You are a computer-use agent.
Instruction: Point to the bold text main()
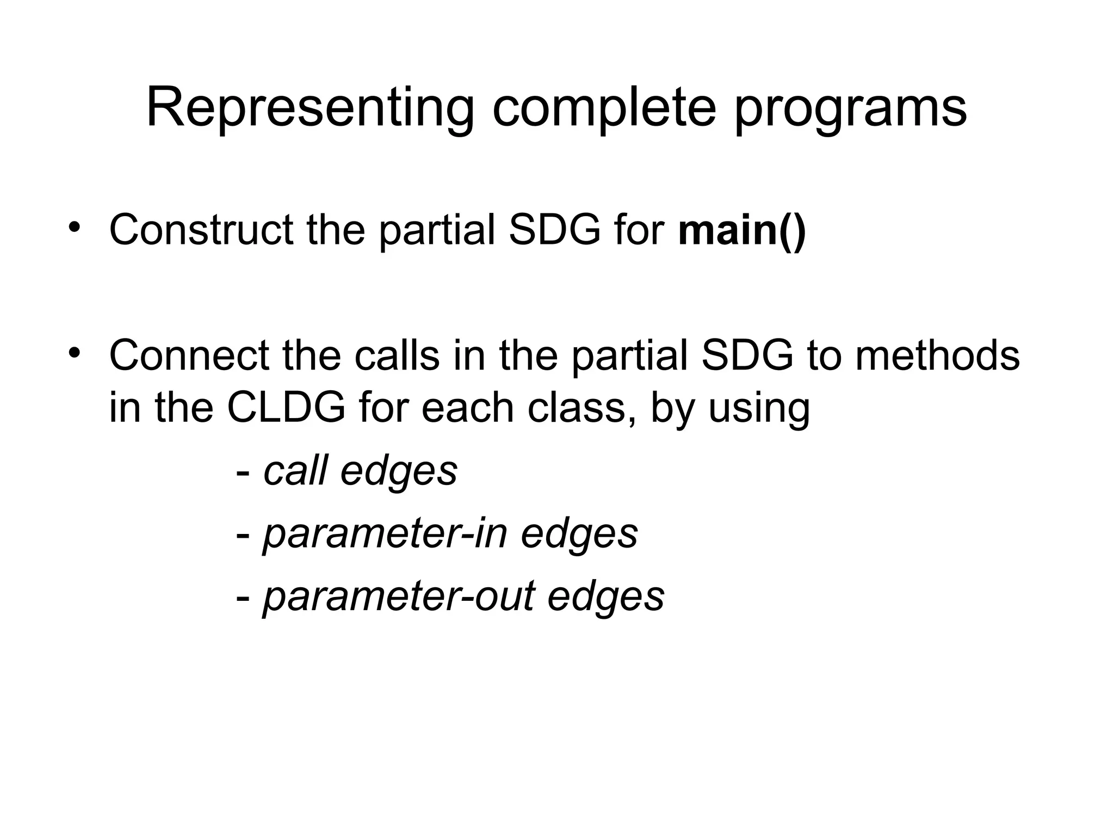click(742, 230)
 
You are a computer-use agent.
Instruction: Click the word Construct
click(201, 230)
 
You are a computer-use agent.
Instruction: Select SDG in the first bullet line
click(554, 230)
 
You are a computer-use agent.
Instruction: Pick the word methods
click(937, 355)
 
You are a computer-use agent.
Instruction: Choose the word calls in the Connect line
click(397, 355)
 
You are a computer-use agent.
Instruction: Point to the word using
click(759, 409)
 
